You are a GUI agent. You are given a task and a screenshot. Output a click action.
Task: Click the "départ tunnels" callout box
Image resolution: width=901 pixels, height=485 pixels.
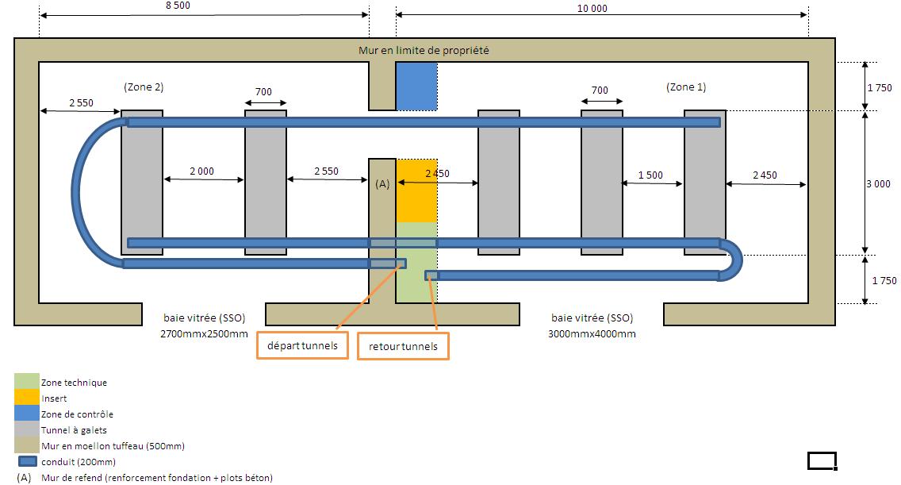(302, 345)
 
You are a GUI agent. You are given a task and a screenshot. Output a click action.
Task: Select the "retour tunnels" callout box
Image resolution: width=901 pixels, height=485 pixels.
(403, 346)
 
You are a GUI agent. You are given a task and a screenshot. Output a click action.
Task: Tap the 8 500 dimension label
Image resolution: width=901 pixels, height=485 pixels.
(178, 6)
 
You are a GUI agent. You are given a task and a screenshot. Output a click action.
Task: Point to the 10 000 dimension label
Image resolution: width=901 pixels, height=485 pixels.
(592, 8)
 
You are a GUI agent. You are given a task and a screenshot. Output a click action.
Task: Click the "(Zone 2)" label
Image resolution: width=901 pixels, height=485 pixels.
(144, 87)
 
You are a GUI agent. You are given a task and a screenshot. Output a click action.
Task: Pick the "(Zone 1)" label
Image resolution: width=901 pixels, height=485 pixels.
(686, 87)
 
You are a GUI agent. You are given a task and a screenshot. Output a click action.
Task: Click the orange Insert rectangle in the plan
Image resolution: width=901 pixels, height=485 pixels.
(416, 191)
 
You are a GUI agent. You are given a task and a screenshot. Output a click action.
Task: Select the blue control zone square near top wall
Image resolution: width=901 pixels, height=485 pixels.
(416, 87)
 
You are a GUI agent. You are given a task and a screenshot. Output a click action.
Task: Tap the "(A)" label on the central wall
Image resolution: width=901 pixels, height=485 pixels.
(382, 184)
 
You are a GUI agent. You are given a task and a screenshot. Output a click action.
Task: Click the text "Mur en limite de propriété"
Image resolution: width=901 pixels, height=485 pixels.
(424, 50)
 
